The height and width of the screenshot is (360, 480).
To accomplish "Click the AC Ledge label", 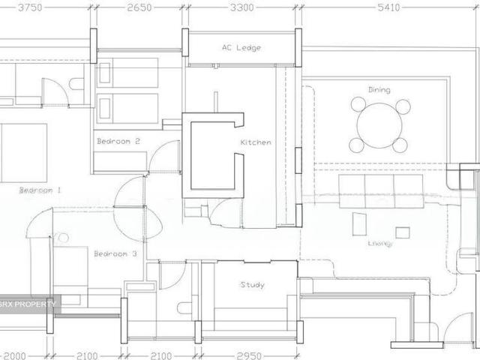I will [241, 47].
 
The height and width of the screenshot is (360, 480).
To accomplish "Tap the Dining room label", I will [379, 89].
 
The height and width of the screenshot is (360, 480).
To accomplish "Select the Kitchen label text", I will [255, 142].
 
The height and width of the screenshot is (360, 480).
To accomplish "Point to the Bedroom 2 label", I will [118, 141].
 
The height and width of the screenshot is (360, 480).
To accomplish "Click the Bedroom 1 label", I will [40, 190].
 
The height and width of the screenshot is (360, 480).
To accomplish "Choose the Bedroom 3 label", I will [115, 254].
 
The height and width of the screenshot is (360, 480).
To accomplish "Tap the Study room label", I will [252, 285].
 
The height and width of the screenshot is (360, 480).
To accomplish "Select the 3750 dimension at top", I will [29, 7].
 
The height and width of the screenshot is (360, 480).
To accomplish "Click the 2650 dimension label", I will [139, 7].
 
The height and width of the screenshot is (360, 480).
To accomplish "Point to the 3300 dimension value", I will [241, 7].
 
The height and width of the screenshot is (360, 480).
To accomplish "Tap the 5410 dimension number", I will [388, 7].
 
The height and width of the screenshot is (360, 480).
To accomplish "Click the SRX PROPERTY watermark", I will [28, 304].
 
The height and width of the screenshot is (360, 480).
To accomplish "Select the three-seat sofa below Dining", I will [381, 190].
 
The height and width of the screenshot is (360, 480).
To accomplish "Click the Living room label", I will [379, 243].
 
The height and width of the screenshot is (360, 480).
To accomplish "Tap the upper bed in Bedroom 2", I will [128, 73].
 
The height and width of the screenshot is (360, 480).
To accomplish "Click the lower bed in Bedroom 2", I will [128, 107].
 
